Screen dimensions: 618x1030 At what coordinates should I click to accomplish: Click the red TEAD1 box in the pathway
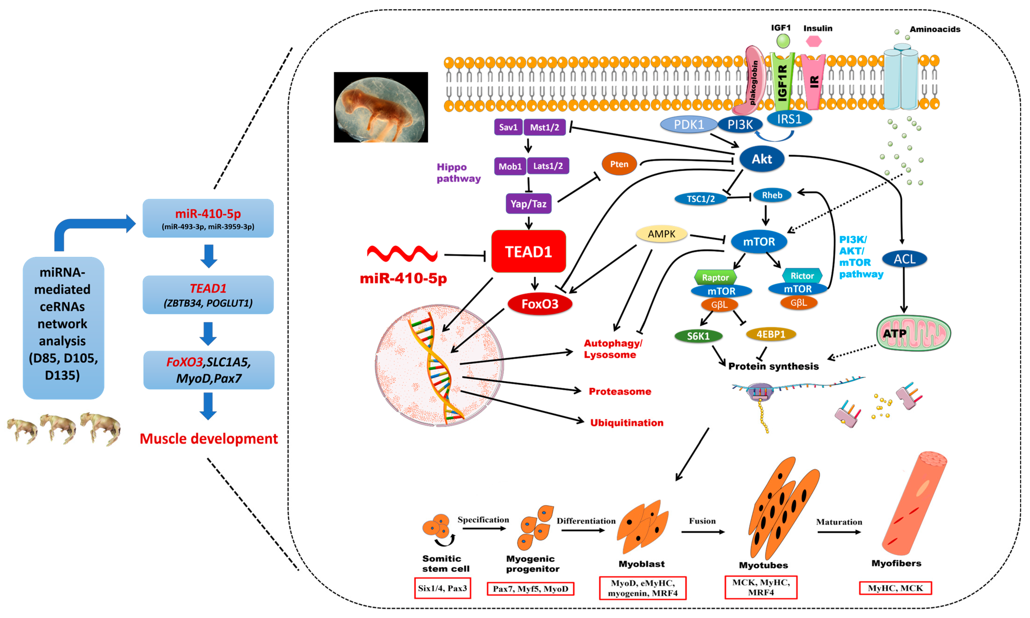click(528, 252)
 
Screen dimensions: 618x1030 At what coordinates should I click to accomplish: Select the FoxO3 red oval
click(540, 304)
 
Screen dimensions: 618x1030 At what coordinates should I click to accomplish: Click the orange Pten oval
click(619, 164)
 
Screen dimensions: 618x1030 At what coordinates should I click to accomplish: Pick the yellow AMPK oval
click(661, 234)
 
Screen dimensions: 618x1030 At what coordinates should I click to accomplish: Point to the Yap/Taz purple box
click(528, 204)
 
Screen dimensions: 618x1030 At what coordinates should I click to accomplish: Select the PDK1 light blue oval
click(689, 125)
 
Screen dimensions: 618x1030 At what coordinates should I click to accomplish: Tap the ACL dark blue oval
click(904, 259)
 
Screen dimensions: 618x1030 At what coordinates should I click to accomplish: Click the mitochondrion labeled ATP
click(913, 333)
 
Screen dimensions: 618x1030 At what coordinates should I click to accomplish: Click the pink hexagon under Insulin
click(813, 41)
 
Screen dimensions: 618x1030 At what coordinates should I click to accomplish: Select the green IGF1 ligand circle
click(783, 41)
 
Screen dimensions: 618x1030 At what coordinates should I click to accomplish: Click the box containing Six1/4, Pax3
click(442, 588)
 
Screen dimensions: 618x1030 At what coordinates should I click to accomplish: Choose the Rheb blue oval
click(772, 195)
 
